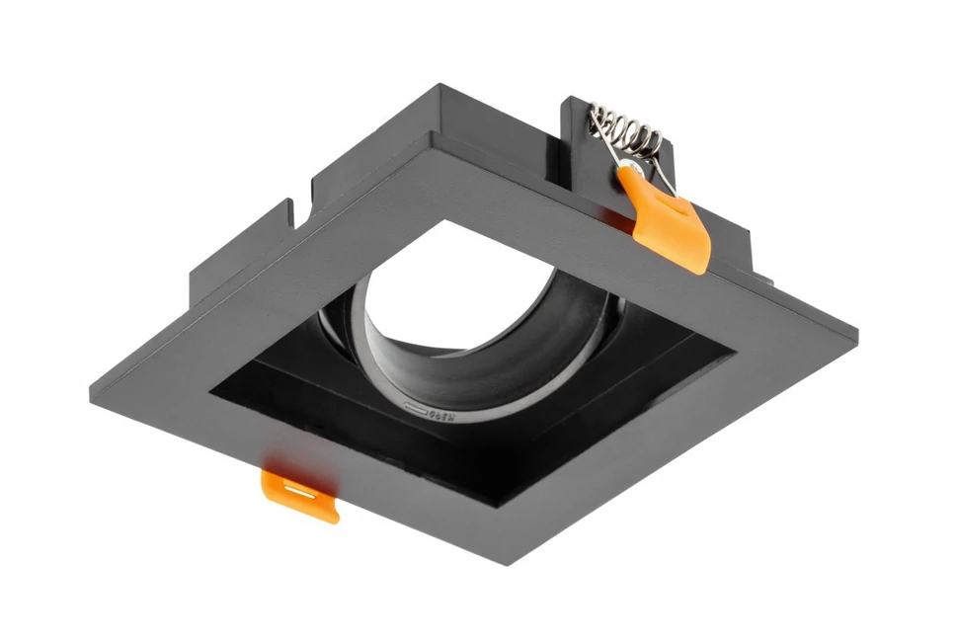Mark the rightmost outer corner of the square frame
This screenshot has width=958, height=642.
(857, 325)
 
